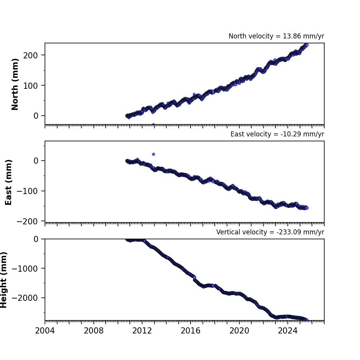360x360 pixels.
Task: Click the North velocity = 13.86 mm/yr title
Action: click(276, 36)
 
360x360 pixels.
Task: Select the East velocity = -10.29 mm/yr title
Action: click(277, 134)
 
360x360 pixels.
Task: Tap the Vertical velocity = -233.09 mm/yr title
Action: click(270, 232)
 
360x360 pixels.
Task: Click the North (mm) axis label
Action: click(15, 84)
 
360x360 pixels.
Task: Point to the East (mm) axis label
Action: click(8, 182)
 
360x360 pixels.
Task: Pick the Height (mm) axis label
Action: click(4, 280)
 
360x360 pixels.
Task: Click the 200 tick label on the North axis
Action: click(30, 55)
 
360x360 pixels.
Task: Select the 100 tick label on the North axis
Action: click(30, 86)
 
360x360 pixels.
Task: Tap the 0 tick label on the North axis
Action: click(36, 116)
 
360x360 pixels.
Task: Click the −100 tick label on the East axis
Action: click(27, 191)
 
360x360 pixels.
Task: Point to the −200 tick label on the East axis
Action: click(27, 221)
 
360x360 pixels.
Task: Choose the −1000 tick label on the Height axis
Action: click(25, 269)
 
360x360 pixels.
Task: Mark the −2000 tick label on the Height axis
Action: click(25, 298)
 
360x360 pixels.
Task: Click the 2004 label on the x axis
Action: click(45, 331)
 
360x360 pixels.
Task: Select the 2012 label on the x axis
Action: click(142, 331)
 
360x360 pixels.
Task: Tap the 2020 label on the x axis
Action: click(239, 331)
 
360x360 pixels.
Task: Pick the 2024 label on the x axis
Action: click(288, 331)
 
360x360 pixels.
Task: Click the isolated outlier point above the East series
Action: click(153, 154)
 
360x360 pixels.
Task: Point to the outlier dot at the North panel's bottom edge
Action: click(153, 124)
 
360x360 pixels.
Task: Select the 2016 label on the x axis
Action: click(191, 331)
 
